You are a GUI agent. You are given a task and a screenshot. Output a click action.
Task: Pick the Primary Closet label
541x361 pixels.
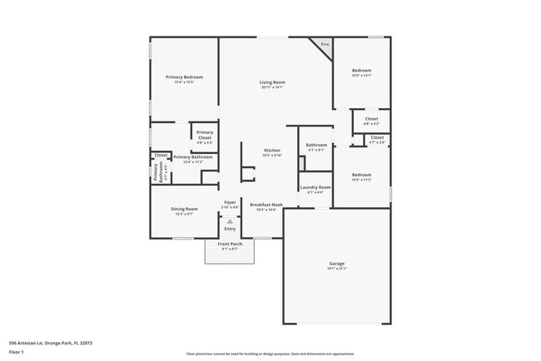[204, 136]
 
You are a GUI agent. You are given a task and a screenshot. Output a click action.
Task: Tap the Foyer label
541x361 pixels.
[230, 203]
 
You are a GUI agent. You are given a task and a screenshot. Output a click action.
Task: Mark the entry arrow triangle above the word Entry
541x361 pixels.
[230, 220]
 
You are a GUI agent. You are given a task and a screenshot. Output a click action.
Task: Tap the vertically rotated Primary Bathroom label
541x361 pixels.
[156, 172]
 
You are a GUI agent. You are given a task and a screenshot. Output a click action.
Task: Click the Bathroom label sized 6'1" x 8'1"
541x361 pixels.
[316, 146]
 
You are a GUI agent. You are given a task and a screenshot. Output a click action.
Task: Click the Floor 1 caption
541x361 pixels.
[17, 353]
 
